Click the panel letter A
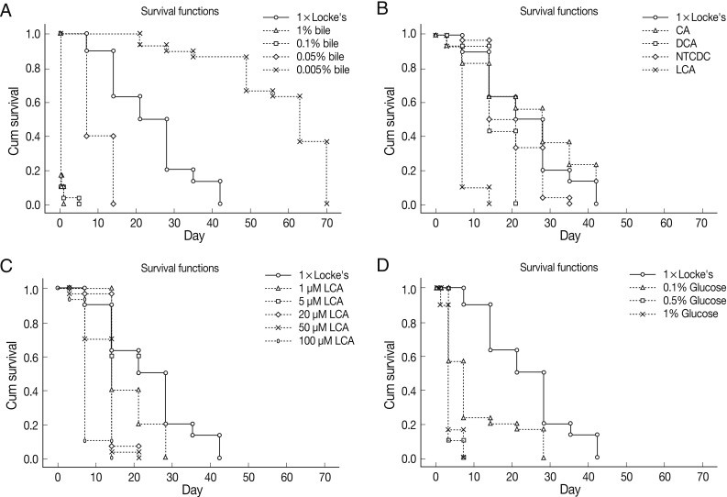(x=8, y=10)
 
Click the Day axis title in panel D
(x=569, y=491)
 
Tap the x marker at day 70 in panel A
(x=326, y=203)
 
